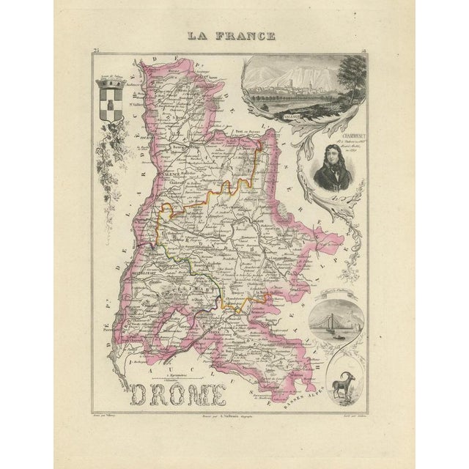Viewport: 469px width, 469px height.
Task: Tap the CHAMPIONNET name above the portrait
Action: coord(328,133)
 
